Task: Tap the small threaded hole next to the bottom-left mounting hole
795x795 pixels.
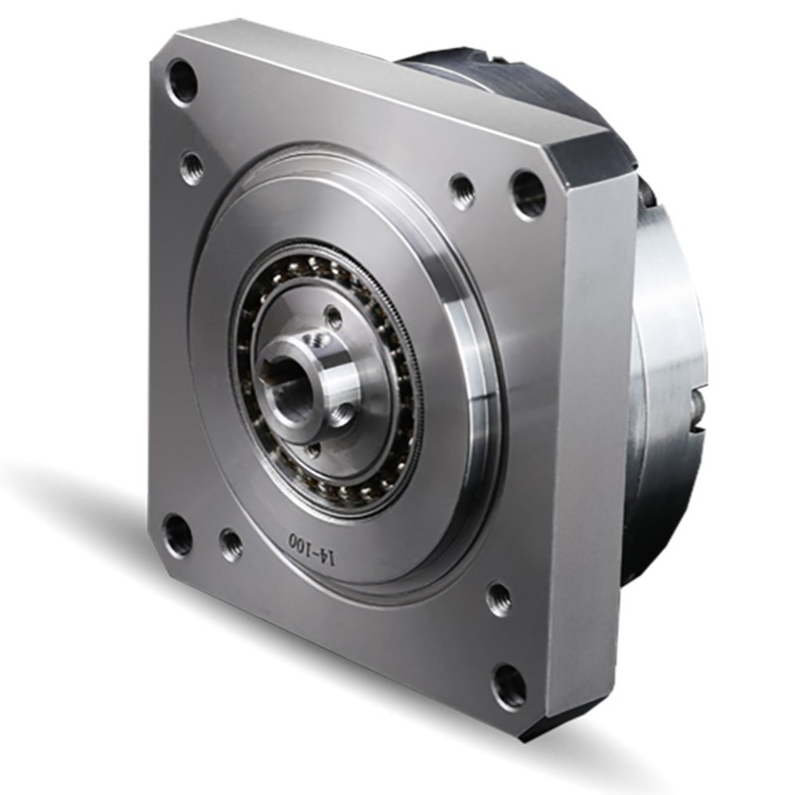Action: click(x=231, y=542)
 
